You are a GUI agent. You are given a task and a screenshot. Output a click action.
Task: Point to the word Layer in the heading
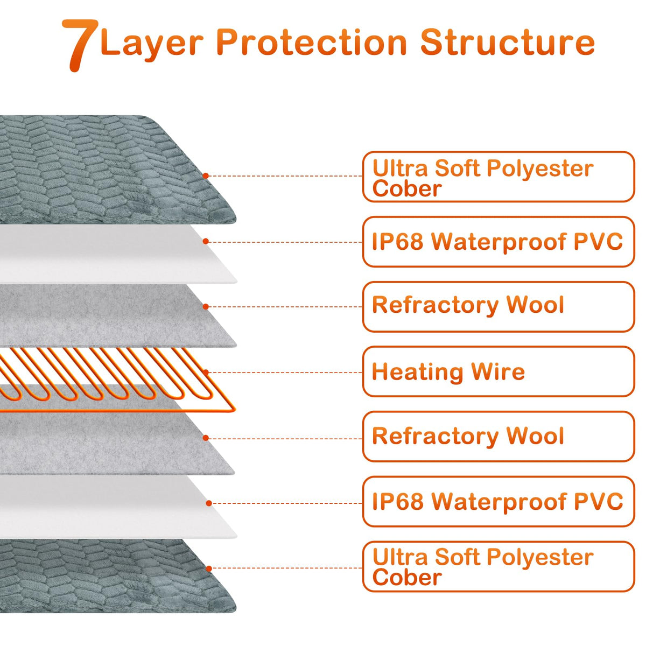pos(152,43)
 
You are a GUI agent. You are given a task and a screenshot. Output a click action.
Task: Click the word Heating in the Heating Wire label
pos(418,372)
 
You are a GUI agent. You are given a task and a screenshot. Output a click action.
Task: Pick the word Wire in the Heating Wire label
pos(498,372)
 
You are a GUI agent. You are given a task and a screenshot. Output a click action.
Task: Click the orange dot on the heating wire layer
pos(206,372)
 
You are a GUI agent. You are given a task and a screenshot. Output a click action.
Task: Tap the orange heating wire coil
pos(108,377)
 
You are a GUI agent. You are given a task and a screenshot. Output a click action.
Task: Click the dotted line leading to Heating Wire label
pos(285,373)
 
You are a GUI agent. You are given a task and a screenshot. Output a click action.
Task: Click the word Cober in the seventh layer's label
pos(407,578)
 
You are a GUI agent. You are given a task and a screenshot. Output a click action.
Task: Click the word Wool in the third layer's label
pos(535,305)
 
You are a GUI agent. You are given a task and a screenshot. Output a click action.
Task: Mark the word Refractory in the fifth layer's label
pos(435,437)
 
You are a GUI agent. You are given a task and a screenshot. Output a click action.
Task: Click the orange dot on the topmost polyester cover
pos(206,175)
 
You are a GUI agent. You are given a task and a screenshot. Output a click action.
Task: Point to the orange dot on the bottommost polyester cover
pos(209,568)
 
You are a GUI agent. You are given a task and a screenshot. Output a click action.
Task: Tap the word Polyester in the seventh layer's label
pos(540,558)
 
